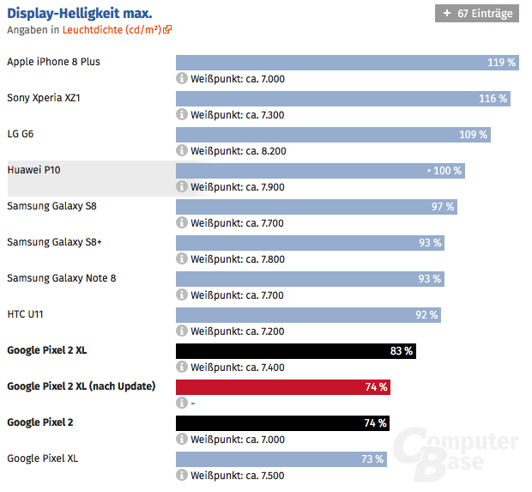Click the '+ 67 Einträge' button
coord(477,13)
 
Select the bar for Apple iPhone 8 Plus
coord(348,63)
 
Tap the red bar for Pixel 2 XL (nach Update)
coord(282,387)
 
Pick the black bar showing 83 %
coord(295,350)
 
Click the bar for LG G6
coord(333,135)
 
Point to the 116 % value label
coord(493,99)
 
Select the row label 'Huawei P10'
coord(33,170)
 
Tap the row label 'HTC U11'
coord(25,314)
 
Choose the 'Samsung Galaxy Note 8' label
coord(61,278)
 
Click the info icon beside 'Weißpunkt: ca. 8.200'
coord(182,150)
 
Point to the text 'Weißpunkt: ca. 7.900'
coord(237,186)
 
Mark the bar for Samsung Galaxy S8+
coord(310,243)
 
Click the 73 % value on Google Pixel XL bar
coord(372,459)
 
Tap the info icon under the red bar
coord(182,403)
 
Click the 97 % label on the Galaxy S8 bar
coord(443,207)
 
